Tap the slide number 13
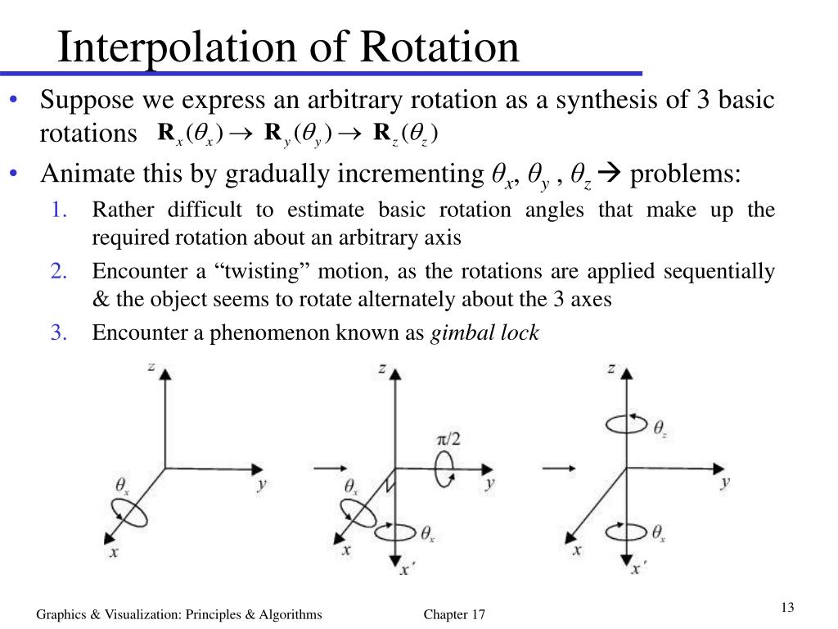click(x=788, y=607)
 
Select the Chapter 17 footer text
click(x=455, y=614)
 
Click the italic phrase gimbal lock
click(x=484, y=333)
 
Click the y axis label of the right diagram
click(x=725, y=482)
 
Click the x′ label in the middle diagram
click(x=404, y=568)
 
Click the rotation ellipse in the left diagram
click(x=131, y=513)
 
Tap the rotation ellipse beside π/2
click(x=446, y=473)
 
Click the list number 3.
click(x=59, y=333)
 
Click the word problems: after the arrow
click(x=686, y=174)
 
